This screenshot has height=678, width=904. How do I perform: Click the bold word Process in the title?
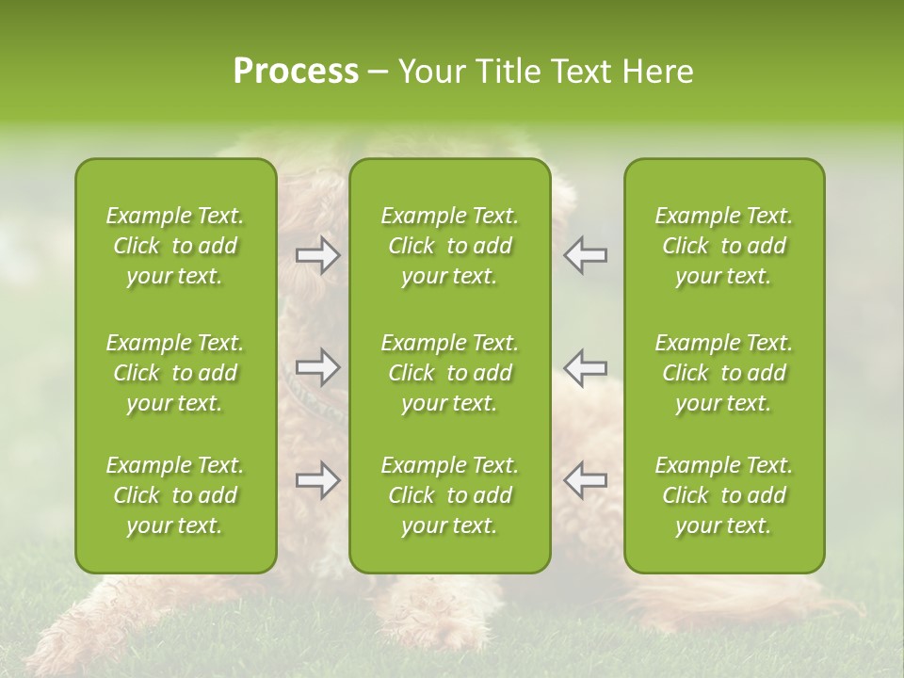pyautogui.click(x=296, y=72)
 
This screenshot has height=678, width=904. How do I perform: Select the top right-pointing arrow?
pyautogui.click(x=318, y=255)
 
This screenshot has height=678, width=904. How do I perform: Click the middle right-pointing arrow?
pyautogui.click(x=318, y=367)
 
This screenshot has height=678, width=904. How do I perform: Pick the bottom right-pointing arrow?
pyautogui.click(x=318, y=480)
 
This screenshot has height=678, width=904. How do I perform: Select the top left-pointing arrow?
pyautogui.click(x=586, y=255)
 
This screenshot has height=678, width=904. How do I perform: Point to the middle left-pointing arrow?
pyautogui.click(x=586, y=367)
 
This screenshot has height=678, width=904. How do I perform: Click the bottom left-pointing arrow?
pyautogui.click(x=586, y=480)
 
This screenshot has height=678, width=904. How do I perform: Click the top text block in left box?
pyautogui.click(x=175, y=246)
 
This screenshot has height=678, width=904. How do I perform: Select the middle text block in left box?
pyautogui.click(x=175, y=373)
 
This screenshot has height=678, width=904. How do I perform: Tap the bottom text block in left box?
pyautogui.click(x=175, y=495)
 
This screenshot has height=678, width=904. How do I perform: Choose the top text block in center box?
pyautogui.click(x=450, y=246)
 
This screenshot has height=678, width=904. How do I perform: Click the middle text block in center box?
pyautogui.click(x=450, y=373)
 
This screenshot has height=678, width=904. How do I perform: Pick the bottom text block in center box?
pyautogui.click(x=450, y=495)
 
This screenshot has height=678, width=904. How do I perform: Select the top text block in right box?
pyautogui.click(x=724, y=246)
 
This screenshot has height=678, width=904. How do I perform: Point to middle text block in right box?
pyautogui.click(x=724, y=373)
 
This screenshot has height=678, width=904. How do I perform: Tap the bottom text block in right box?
pyautogui.click(x=724, y=495)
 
